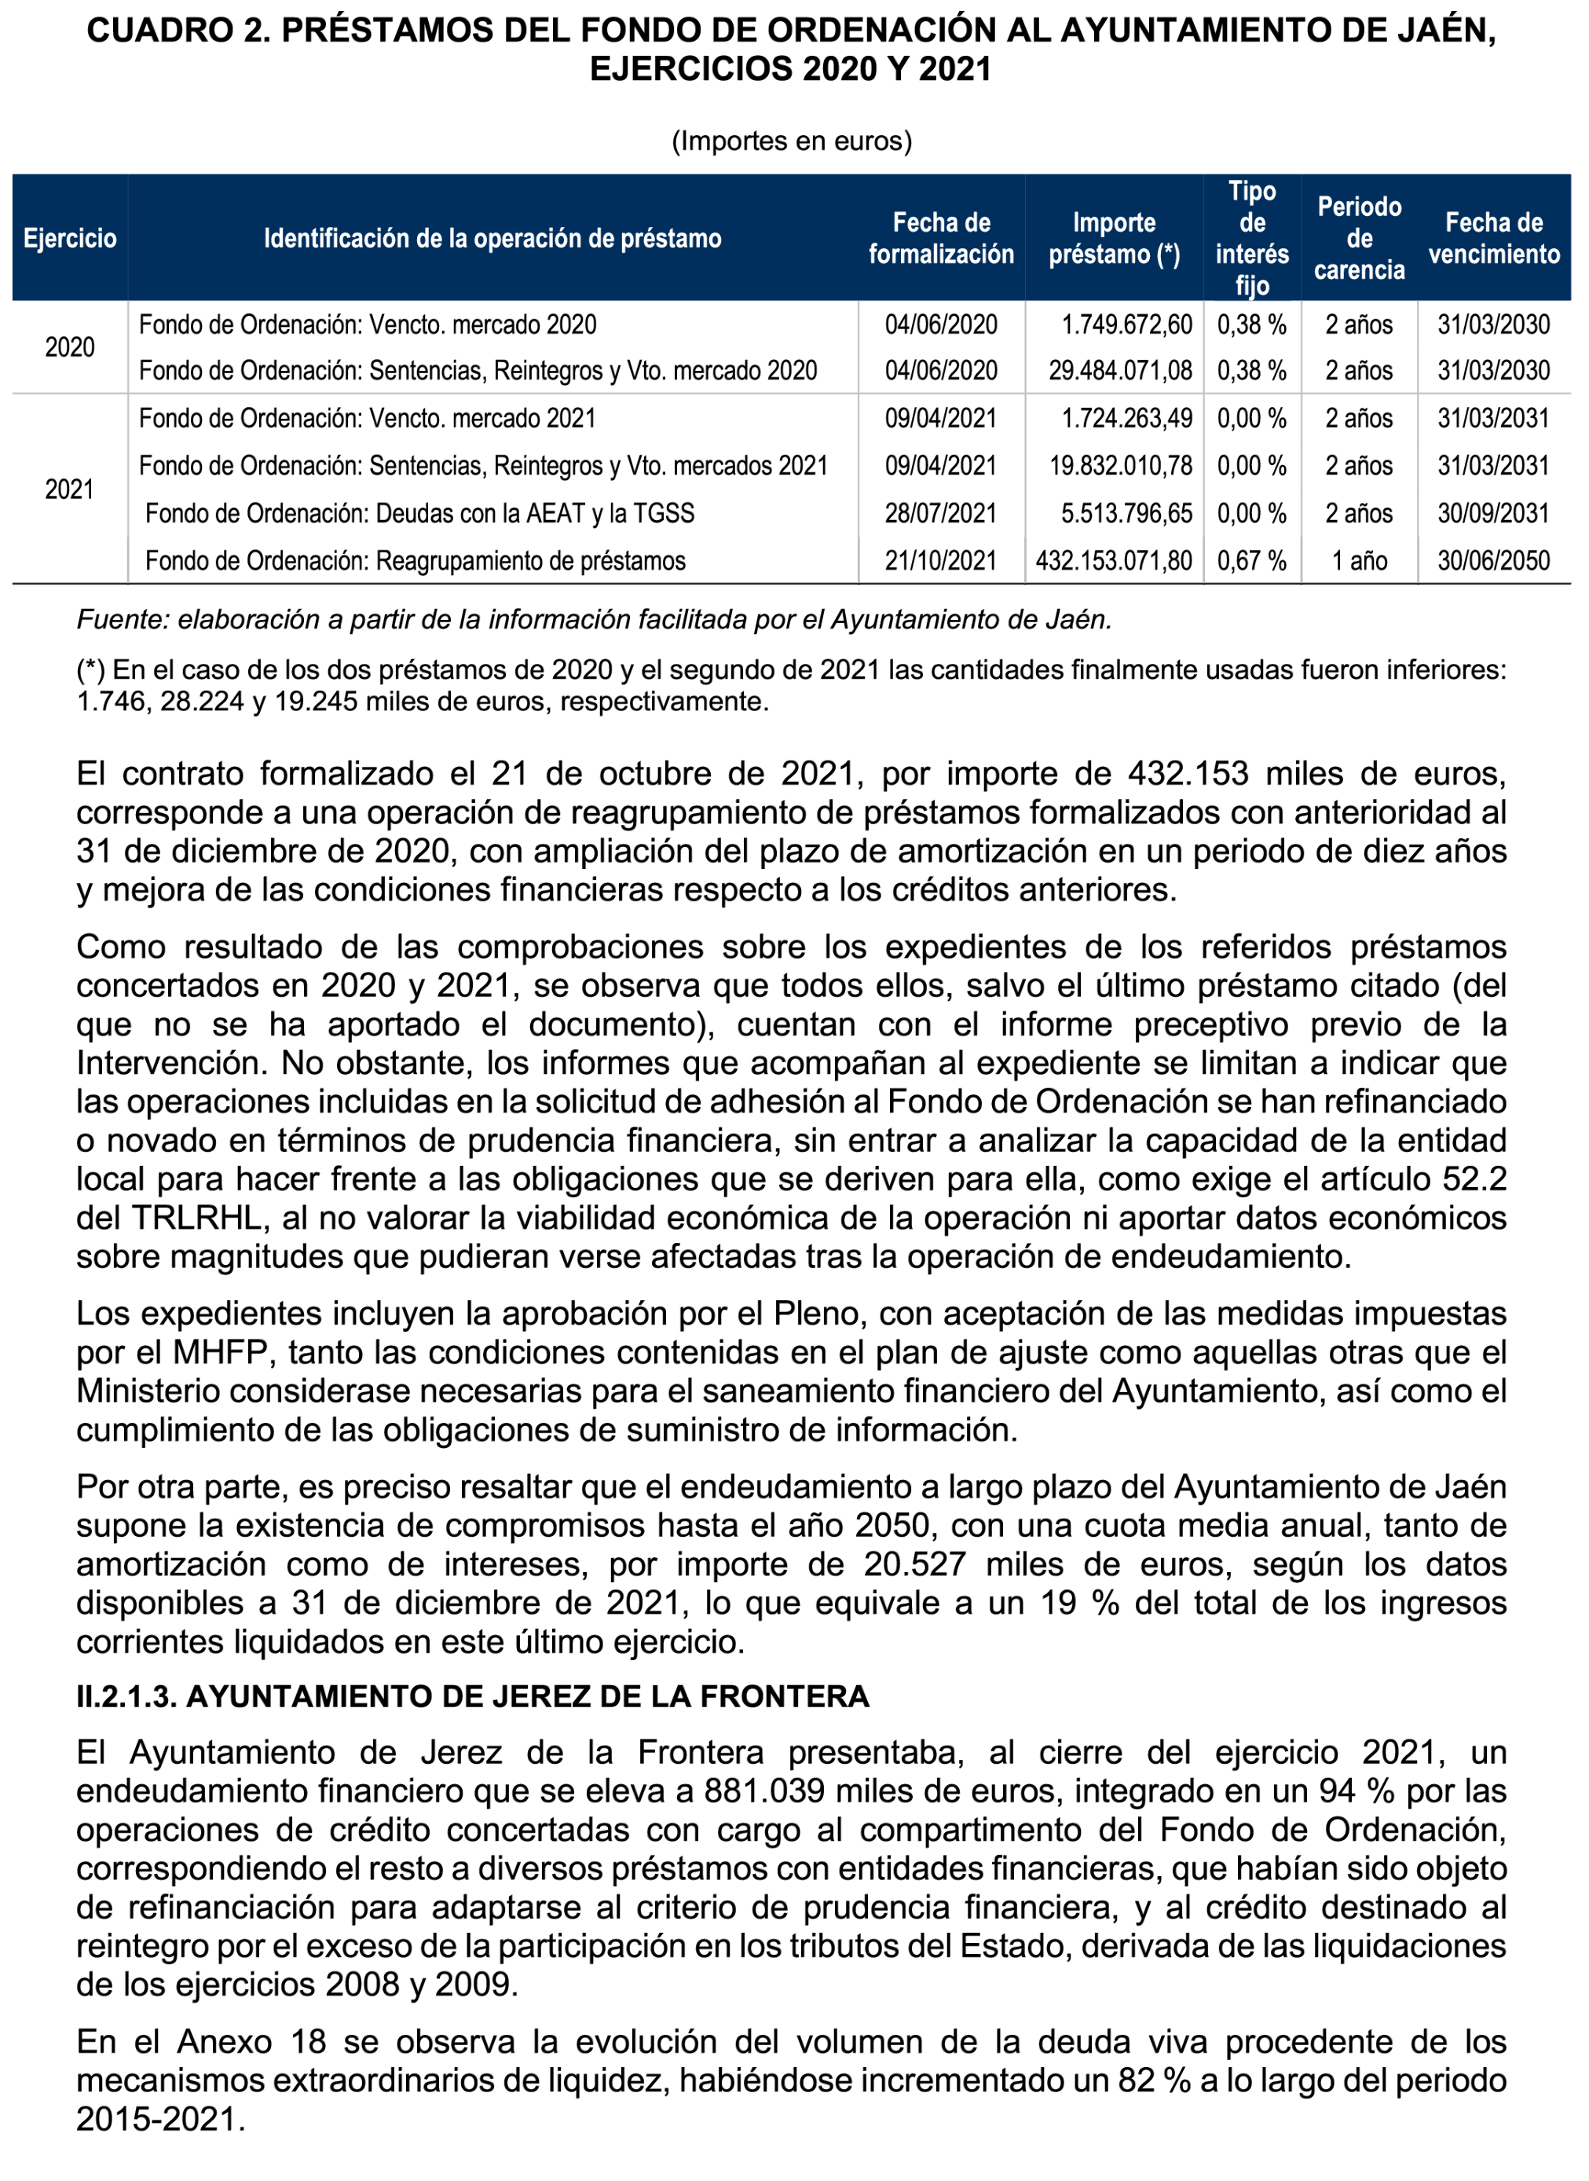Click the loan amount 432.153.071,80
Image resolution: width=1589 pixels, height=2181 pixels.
(1113, 561)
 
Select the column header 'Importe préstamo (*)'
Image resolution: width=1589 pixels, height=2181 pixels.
(1114, 239)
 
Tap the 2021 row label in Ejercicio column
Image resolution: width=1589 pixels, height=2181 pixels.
(69, 489)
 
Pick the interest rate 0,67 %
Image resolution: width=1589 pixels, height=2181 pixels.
(1251, 561)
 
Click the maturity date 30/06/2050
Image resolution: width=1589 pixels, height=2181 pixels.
(1493, 561)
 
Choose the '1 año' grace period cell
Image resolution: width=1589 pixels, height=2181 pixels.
(1358, 561)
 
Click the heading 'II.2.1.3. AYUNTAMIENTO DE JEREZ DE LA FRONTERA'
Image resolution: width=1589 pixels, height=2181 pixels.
(472, 1696)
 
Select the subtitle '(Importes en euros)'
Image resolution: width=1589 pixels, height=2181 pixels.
(791, 141)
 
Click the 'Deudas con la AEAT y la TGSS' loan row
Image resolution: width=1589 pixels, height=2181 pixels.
(419, 514)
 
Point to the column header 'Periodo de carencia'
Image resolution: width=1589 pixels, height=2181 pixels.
(1358, 239)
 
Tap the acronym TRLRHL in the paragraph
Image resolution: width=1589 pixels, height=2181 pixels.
(197, 1218)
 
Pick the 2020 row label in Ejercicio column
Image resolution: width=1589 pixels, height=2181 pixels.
(69, 347)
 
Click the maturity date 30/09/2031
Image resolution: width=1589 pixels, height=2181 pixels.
(1493, 514)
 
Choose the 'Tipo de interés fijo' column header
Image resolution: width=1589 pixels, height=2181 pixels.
(1251, 239)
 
